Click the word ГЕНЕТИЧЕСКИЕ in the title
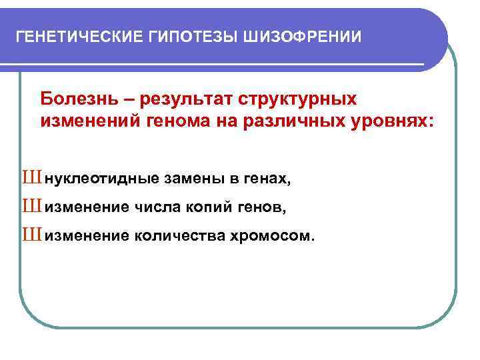(76, 36)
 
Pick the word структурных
(299, 99)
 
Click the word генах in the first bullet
(269, 179)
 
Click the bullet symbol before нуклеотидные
(31, 178)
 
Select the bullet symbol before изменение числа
(31, 207)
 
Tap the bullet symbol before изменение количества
(31, 235)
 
